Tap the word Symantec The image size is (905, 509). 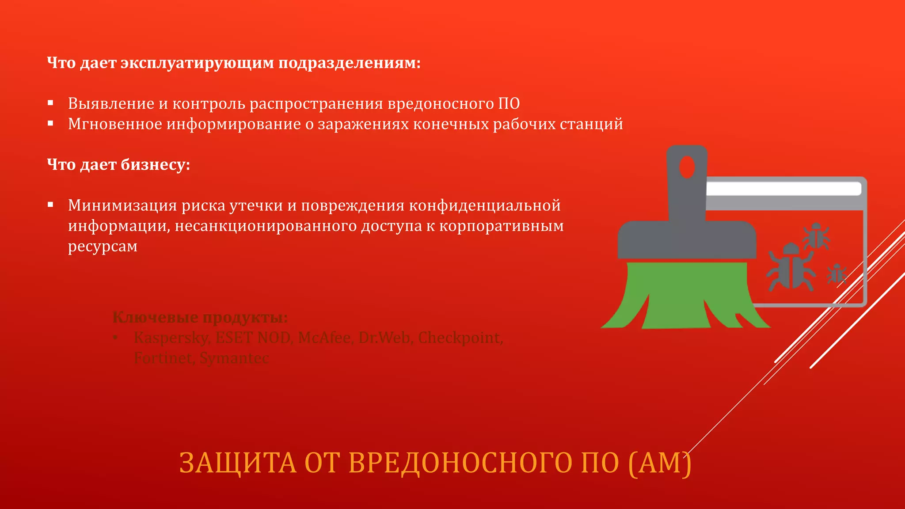(234, 358)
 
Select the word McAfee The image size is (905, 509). (324, 338)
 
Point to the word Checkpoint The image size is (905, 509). (460, 338)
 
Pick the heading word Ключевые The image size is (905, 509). (155, 317)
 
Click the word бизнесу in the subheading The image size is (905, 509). (155, 165)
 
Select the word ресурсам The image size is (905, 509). (103, 246)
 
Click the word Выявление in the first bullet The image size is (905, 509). (111, 104)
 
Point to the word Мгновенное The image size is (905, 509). (115, 124)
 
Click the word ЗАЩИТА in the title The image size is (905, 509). (238, 463)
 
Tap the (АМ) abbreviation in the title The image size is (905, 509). (659, 463)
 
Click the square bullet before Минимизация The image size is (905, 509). (50, 205)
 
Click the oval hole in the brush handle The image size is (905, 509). (687, 167)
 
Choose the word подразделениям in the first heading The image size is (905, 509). (349, 63)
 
